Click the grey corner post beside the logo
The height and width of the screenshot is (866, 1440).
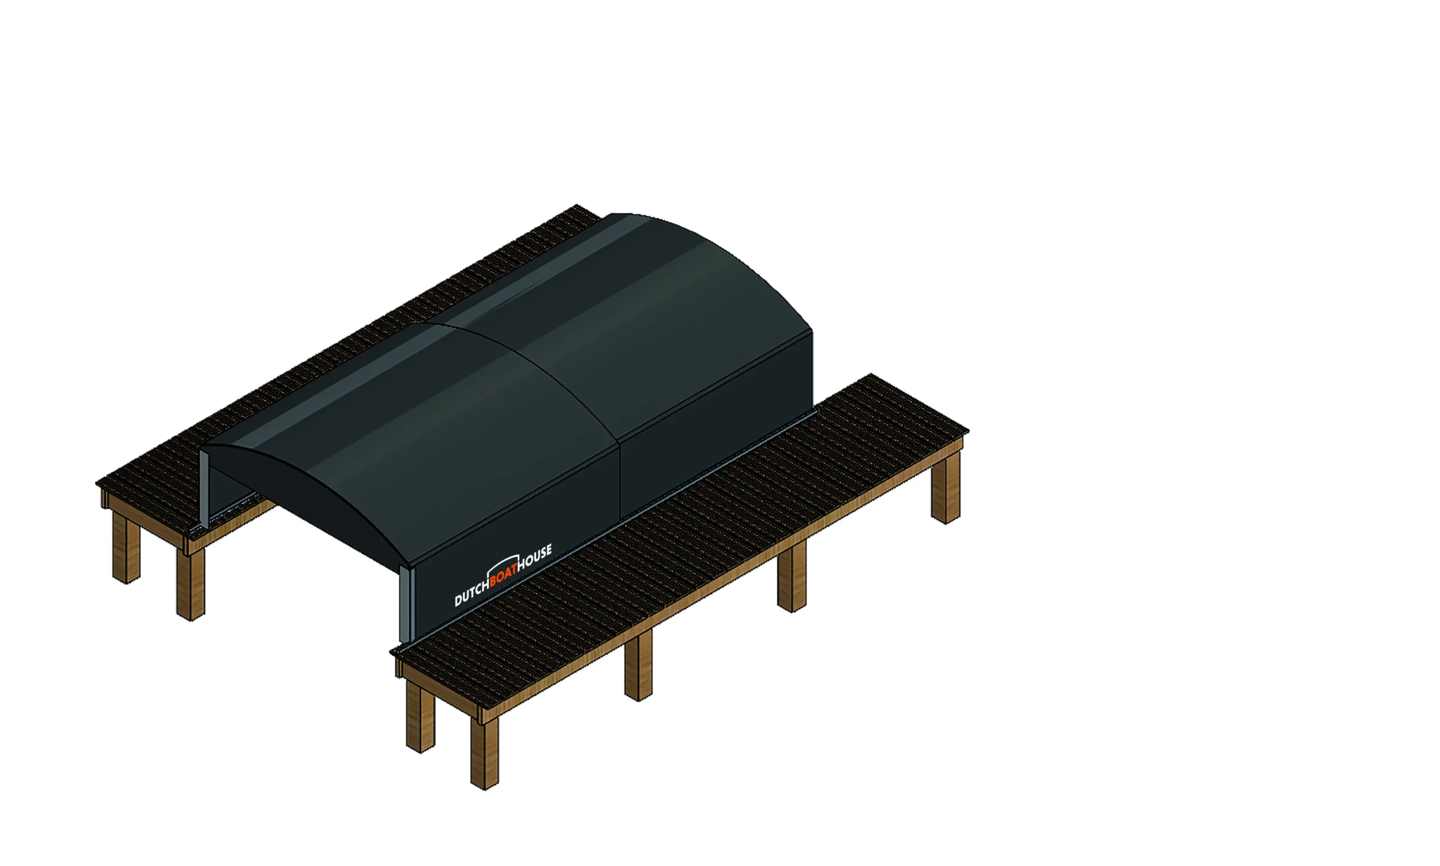click(x=407, y=604)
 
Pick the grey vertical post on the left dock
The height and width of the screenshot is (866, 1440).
click(x=204, y=487)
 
